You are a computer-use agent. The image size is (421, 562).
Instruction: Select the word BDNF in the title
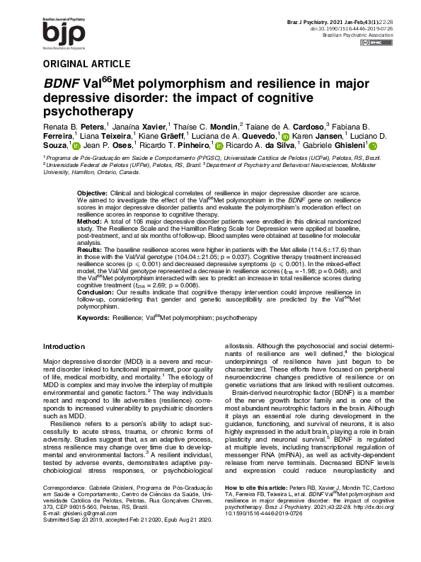[x=64, y=84]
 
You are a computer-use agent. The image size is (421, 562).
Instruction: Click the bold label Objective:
[x=92, y=193]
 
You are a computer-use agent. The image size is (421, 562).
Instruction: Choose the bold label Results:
[x=90, y=250]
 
